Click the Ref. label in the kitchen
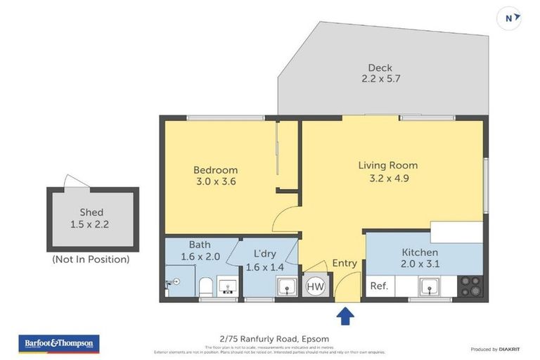tap(379, 286)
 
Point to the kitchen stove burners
tap(470, 285)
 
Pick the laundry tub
tap(286, 286)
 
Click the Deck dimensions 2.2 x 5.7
tap(375, 79)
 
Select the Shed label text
tap(91, 212)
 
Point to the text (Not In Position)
tap(91, 259)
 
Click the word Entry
tap(345, 264)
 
